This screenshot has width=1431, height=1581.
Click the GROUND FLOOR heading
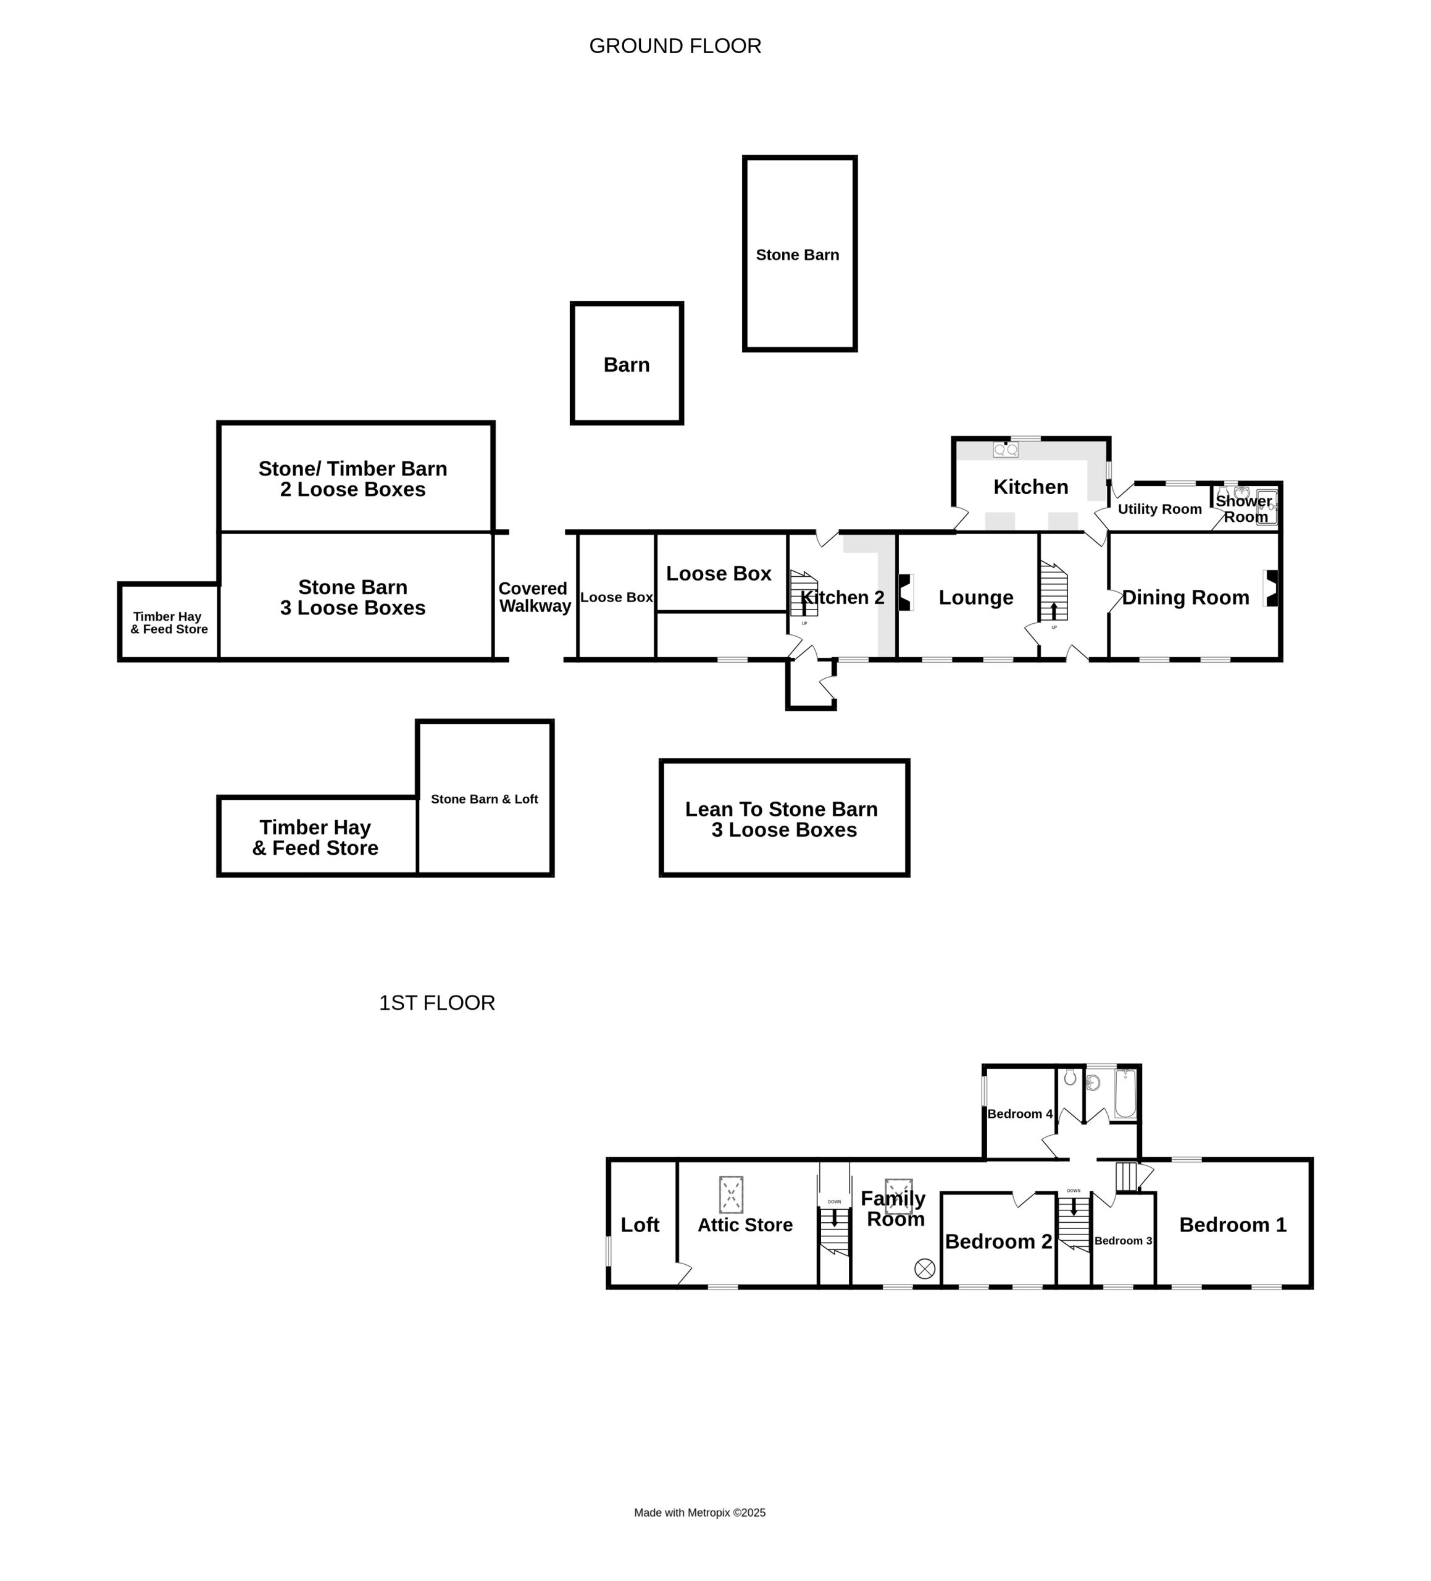[675, 46]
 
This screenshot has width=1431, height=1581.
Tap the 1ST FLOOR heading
[436, 1003]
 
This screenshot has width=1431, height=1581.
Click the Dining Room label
[1185, 598]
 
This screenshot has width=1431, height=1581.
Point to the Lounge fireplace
[905, 592]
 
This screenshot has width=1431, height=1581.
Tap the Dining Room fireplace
[1271, 588]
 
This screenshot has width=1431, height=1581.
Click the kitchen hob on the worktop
[1005, 450]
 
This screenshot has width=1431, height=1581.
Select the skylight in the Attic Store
[731, 1195]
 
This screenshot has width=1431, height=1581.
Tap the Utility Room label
[1160, 509]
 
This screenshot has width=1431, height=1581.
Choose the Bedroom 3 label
[1123, 1241]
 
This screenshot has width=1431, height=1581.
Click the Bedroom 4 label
[1020, 1113]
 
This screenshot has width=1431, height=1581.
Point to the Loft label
[640, 1225]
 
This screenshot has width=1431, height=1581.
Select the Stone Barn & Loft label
[485, 799]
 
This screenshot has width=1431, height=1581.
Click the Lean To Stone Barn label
[782, 809]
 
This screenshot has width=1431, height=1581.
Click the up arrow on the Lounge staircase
[1053, 611]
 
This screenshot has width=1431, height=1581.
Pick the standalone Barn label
[627, 364]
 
